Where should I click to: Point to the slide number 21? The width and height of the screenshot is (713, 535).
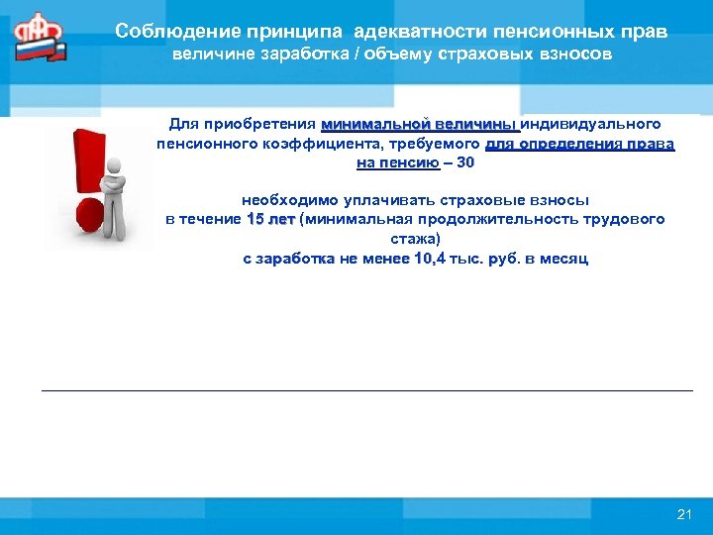pyautogui.click(x=683, y=513)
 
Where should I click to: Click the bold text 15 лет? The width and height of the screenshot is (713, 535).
pyautogui.click(x=270, y=219)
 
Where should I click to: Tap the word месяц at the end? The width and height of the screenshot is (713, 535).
pyautogui.click(x=566, y=259)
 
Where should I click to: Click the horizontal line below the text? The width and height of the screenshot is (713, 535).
pyautogui.click(x=366, y=390)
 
